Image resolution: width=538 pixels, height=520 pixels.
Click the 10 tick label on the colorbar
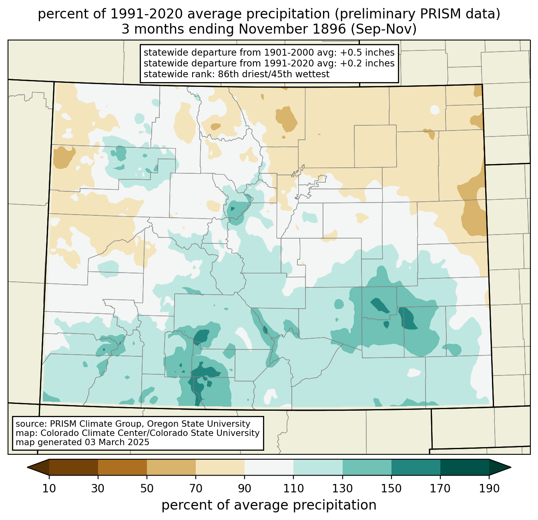point(49,488)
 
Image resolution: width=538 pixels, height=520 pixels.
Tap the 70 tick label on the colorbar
point(195,488)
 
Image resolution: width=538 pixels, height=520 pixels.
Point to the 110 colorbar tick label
point(293,488)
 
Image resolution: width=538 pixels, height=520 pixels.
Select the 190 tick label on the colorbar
point(489,488)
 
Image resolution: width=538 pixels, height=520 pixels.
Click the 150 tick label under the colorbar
point(391,488)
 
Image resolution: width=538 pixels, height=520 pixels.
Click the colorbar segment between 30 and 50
point(122,467)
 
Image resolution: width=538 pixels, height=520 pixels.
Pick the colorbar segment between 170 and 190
point(464,467)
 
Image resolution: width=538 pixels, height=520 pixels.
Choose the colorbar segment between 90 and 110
point(269,467)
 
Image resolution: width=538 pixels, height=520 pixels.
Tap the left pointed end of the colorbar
point(27,467)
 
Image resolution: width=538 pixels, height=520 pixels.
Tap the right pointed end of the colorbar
point(511,467)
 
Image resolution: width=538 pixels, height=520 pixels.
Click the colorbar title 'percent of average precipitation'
point(269,505)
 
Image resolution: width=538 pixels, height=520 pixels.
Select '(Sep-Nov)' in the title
point(383,29)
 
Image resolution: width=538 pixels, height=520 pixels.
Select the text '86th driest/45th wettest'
point(274,74)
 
